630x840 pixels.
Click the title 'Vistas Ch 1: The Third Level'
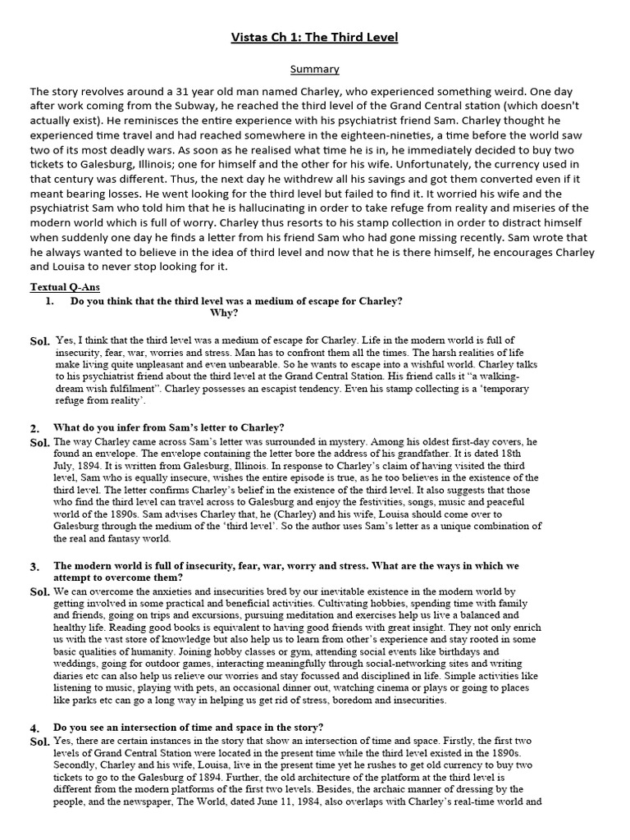coord(315,38)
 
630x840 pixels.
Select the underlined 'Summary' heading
coord(315,70)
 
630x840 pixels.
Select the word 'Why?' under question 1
coord(225,313)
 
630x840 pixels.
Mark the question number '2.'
coord(35,428)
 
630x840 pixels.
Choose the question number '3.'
coord(35,567)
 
